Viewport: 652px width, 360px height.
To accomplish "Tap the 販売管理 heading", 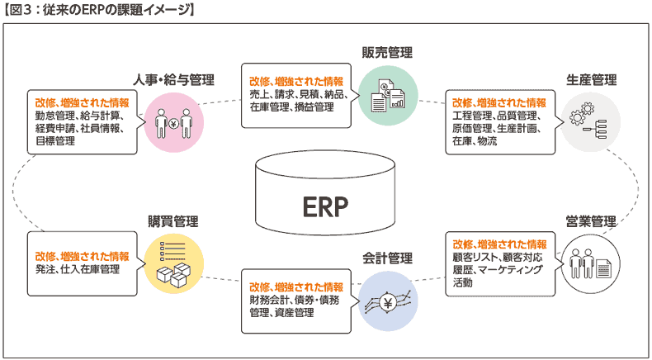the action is [388, 53].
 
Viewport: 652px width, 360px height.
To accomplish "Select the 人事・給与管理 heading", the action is [174, 79].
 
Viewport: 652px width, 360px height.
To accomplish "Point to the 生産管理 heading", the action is [591, 79].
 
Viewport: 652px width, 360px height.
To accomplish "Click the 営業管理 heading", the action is [591, 221].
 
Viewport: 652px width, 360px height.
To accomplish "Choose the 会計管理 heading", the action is [388, 258].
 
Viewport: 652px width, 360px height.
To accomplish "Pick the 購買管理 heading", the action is [173, 221].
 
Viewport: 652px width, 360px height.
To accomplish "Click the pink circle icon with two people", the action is [174, 123].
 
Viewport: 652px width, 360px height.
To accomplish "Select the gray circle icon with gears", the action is [590, 121].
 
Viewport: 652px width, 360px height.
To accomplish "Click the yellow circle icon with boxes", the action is [174, 263].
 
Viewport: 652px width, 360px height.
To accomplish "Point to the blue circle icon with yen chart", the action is [388, 301].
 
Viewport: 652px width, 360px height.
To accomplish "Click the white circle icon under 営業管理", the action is [590, 263].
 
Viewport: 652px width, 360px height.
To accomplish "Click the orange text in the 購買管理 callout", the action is [82, 255].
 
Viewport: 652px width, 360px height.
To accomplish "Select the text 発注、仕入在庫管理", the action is [78, 269].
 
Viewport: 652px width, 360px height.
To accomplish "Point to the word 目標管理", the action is [55, 141].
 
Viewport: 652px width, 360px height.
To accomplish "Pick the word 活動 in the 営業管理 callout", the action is [463, 282].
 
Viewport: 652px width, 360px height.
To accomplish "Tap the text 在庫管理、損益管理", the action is [292, 107].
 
